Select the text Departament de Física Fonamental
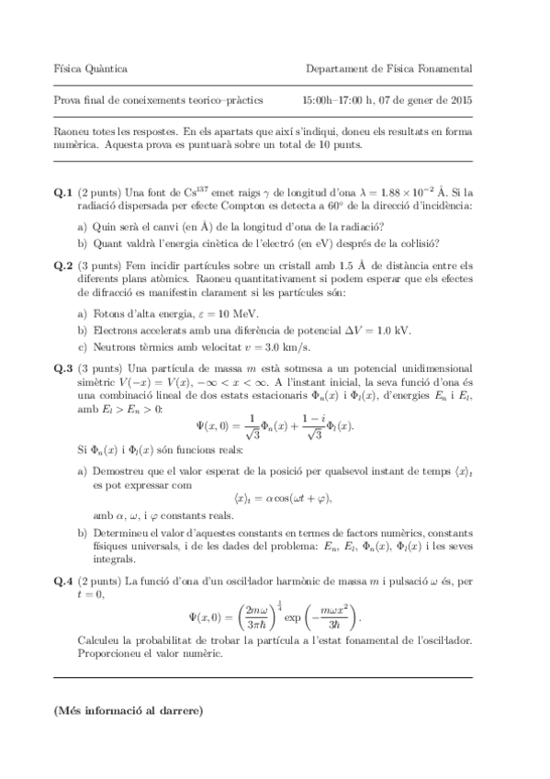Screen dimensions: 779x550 (390, 69)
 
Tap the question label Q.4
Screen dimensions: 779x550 (62, 581)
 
